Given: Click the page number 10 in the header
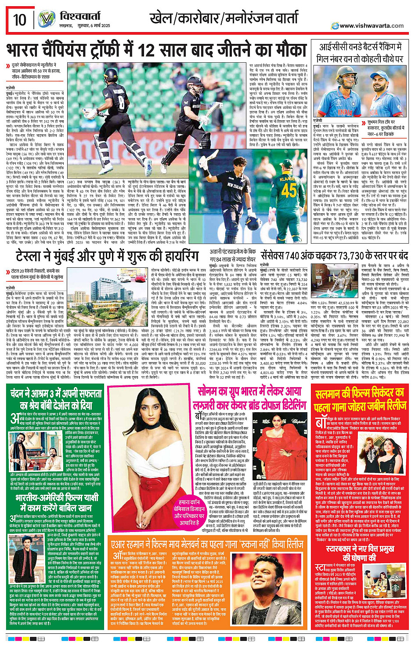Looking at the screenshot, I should point(20,20).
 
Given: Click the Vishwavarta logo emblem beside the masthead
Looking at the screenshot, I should point(47,19).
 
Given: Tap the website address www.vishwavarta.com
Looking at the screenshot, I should point(372,25).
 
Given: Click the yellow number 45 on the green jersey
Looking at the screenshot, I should point(289,190).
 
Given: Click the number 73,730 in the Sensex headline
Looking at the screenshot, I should point(342,255).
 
